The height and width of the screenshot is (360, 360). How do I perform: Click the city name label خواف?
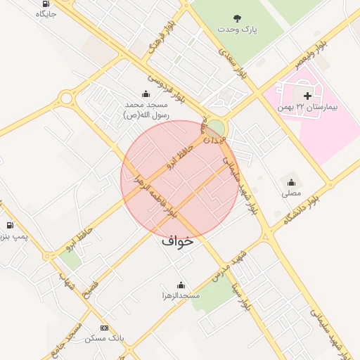(177, 240)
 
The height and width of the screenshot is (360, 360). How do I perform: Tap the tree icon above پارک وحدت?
(236, 18)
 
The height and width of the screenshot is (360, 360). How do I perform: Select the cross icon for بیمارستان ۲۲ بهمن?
(307, 96)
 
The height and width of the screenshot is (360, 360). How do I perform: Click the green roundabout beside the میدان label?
(216, 129)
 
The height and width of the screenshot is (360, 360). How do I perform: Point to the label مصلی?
(291, 192)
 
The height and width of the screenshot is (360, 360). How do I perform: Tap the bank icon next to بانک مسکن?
(105, 328)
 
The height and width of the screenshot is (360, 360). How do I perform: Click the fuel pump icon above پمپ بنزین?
(10, 225)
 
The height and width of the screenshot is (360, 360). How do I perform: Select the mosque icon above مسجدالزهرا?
(181, 285)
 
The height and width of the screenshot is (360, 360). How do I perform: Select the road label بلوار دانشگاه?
(301, 208)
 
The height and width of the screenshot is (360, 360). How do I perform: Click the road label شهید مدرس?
(229, 264)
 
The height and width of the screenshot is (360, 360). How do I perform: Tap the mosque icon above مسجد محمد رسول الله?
(146, 94)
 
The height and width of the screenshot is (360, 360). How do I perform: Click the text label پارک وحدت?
(237, 30)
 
